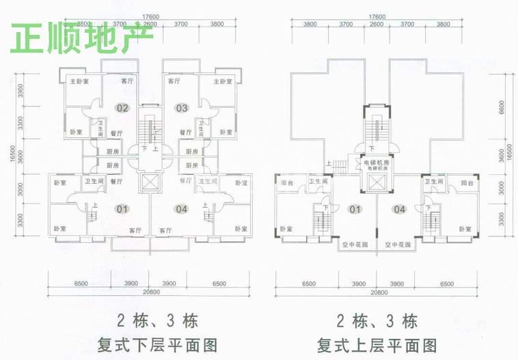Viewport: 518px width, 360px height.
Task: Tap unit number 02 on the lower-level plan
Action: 123,108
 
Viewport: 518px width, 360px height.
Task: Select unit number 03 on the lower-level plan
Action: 181,108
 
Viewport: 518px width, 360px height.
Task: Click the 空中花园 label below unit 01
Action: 355,244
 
